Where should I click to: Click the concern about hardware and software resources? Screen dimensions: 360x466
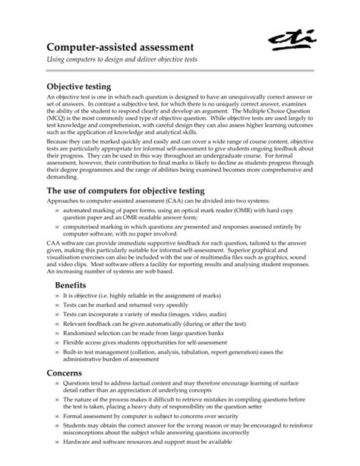point(152,462)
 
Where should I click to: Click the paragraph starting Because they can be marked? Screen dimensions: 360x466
point(179,167)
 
